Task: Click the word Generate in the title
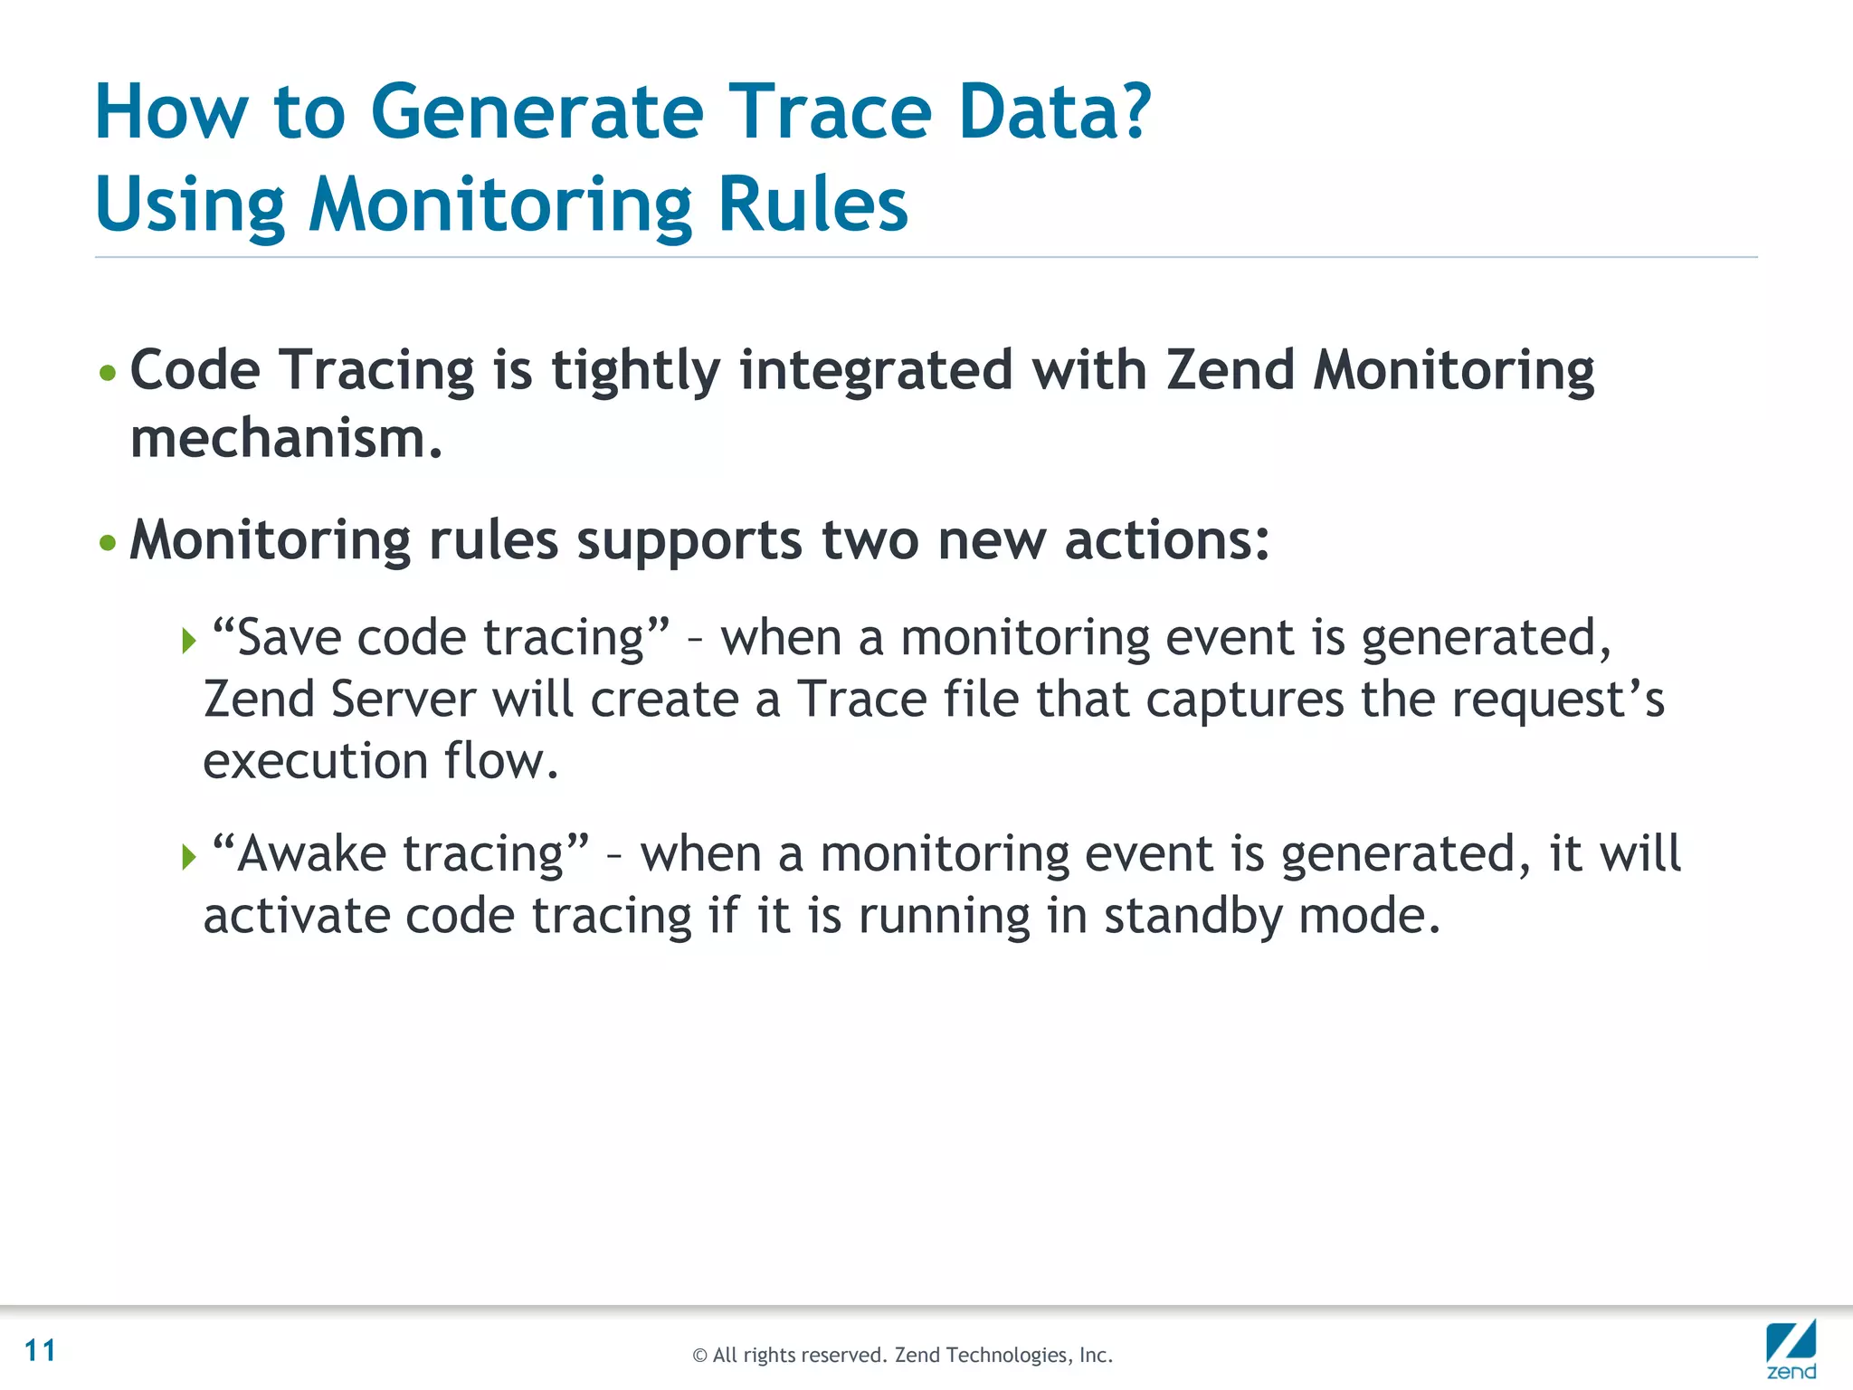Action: coord(537,113)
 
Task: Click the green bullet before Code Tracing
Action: coord(108,373)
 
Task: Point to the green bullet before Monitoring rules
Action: coord(108,543)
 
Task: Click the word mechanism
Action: coord(286,440)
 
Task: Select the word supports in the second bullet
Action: coord(689,541)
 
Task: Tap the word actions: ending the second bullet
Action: coord(1166,541)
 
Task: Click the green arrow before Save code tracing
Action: coord(188,642)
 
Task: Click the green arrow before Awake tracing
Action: coord(188,856)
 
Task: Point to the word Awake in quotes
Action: coord(311,854)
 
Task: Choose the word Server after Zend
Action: coord(403,700)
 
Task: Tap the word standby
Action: coord(1193,916)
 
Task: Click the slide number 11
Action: coord(41,1350)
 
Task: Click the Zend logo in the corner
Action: coord(1791,1348)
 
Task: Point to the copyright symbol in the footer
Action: coord(699,1356)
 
